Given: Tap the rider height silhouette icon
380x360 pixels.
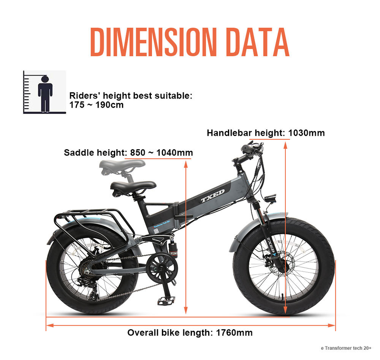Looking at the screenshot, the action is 45,93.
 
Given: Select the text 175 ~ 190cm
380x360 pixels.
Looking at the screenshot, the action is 96,105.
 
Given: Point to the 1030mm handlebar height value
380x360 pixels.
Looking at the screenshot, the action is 306,133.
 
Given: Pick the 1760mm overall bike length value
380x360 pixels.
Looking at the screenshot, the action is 234,333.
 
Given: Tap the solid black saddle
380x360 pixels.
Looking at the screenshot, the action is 133,186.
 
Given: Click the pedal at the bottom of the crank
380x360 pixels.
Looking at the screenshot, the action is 166,301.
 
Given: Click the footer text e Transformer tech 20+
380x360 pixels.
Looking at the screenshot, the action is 346,348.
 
